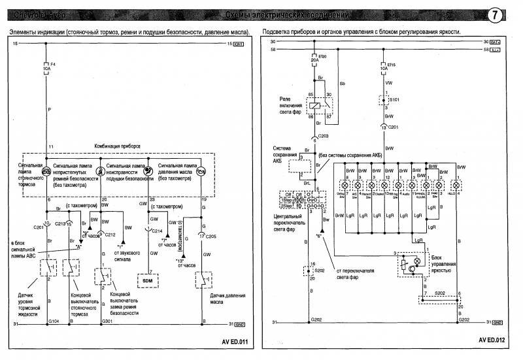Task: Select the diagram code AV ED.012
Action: (x=491, y=340)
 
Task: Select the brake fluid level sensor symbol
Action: (x=48, y=268)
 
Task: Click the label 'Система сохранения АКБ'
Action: (x=288, y=154)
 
